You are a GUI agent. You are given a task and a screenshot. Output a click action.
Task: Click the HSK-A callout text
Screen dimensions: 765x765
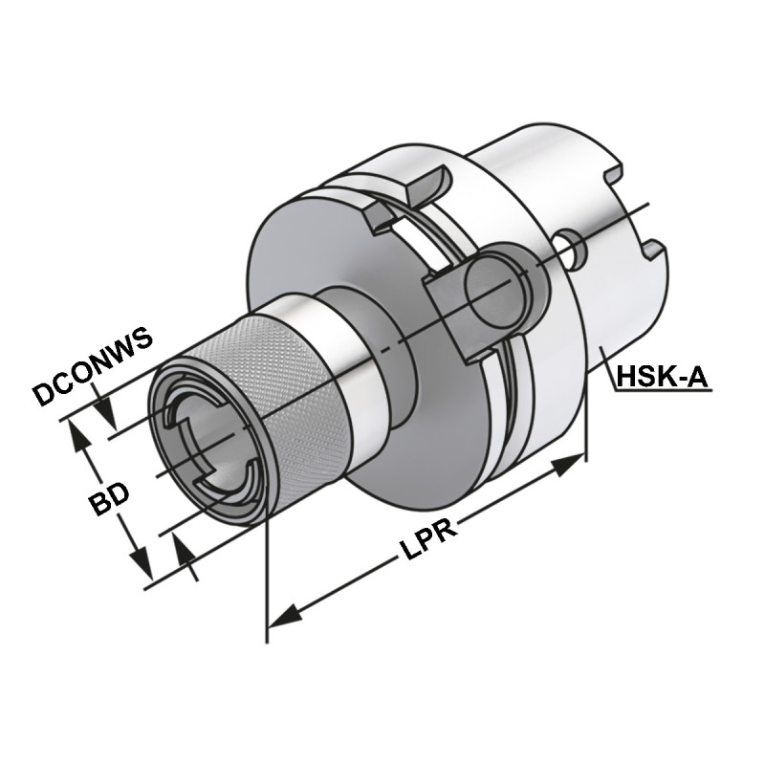[662, 377]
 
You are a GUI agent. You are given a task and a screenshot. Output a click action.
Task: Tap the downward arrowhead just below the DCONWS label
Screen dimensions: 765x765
[108, 418]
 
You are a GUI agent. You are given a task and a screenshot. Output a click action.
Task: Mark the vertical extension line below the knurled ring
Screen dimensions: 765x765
[266, 574]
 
